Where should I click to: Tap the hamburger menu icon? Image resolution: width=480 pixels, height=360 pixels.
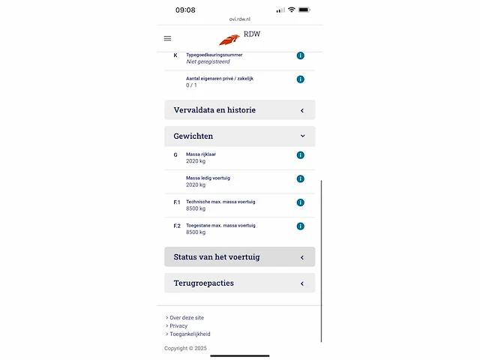167,38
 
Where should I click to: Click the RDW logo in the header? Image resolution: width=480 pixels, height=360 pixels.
239,37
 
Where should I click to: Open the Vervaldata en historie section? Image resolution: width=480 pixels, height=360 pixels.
239,110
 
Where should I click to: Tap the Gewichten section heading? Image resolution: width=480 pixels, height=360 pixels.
239,136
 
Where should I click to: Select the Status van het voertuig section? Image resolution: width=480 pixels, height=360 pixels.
239,257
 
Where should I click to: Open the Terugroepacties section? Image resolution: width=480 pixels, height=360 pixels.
239,283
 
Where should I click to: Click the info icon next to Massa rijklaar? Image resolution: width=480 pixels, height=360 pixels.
300,155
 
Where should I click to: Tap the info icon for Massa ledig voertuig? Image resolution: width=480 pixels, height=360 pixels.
300,178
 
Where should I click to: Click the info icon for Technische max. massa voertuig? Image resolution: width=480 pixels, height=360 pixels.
300,202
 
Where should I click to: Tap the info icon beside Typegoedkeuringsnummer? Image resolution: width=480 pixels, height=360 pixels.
300,55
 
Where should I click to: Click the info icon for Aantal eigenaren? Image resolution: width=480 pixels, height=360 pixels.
300,79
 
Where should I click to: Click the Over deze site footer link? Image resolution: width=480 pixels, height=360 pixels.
186,317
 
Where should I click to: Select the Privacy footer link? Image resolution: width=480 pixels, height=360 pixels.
178,325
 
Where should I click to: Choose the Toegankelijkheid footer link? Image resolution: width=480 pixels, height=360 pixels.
190,334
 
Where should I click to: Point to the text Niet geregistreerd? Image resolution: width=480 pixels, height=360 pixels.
208,62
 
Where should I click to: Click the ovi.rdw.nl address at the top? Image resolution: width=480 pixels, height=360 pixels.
240,20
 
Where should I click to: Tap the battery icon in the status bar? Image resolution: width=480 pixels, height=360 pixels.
304,10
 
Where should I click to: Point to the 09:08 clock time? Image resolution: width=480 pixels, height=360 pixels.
185,10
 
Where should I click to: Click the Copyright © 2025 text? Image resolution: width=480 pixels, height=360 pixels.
189,349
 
